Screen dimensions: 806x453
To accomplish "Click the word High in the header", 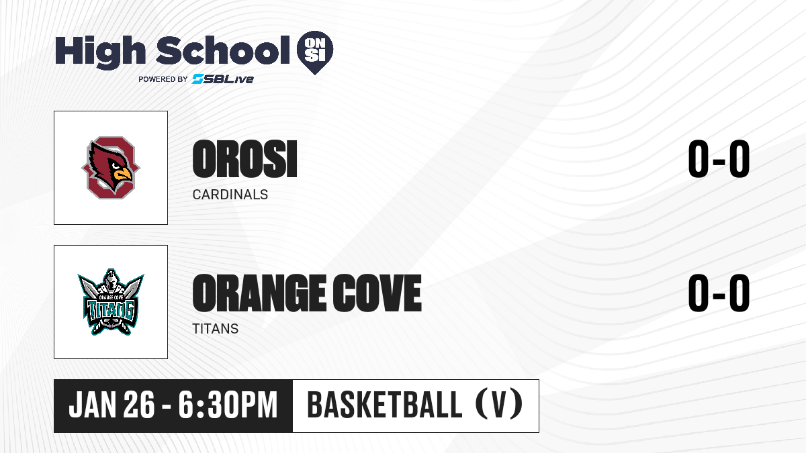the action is tap(100, 52).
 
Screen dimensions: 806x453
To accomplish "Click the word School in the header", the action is tap(223, 50).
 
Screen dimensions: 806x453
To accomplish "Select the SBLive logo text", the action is tap(223, 79).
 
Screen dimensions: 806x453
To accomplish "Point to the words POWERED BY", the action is tap(163, 79).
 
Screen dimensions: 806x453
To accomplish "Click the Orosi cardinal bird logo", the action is tap(111, 168).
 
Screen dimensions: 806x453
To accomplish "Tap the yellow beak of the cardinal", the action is tap(123, 174).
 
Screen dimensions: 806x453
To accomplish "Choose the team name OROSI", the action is tap(244, 159).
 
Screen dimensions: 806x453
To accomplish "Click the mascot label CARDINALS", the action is tap(230, 195).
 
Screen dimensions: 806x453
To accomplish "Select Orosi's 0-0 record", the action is tap(719, 159).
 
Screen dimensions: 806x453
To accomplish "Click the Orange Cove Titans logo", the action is tap(111, 302).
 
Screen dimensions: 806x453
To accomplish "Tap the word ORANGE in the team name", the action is tap(259, 293).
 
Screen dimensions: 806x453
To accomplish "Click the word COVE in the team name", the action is tap(377, 293).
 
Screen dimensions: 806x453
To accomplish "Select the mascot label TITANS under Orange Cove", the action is tap(215, 329).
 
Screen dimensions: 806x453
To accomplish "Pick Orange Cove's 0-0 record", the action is tap(719, 293).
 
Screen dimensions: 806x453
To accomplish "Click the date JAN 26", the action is tap(112, 405).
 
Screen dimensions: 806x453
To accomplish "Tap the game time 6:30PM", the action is tap(228, 405).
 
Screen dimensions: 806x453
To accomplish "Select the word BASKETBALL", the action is tap(385, 405).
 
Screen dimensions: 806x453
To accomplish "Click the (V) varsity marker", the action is tap(499, 405).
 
